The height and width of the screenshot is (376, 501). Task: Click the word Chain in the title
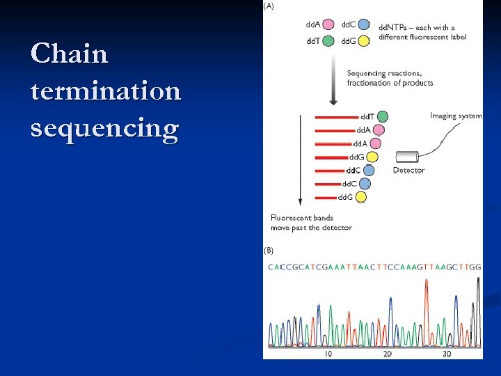[x=70, y=54]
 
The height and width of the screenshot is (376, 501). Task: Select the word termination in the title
[x=106, y=91]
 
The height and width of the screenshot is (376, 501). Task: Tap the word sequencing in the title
[x=104, y=129]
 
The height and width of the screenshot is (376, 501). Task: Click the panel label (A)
[x=268, y=6]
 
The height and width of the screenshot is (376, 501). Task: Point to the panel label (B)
[x=268, y=250]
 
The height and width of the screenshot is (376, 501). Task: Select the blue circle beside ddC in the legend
[x=364, y=25]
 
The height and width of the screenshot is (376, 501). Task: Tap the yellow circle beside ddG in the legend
[x=364, y=41]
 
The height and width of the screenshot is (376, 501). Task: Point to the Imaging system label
[x=456, y=116]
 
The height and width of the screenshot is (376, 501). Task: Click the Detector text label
[x=408, y=171]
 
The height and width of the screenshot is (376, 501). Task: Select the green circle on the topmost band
[x=382, y=116]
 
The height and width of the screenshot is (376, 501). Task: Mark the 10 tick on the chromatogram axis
[x=327, y=354]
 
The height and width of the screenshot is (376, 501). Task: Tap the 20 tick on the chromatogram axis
[x=388, y=354]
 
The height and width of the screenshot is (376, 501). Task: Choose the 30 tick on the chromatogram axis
[x=447, y=354]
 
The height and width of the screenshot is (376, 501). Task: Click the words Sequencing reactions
[x=381, y=73]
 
